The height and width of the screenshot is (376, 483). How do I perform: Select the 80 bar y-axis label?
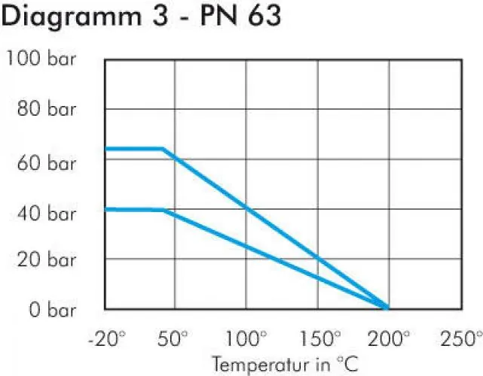tap(47, 110)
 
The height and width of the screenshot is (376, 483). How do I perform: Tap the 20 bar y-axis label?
tap(47, 259)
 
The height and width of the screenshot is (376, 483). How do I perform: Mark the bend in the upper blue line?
tap(163, 149)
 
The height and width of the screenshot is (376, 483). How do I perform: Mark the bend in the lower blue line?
tap(163, 210)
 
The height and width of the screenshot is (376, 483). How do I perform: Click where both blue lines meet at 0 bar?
tap(387, 308)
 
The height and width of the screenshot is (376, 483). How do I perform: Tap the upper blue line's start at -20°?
tap(105, 149)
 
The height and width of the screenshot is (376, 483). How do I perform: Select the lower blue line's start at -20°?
tap(105, 209)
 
